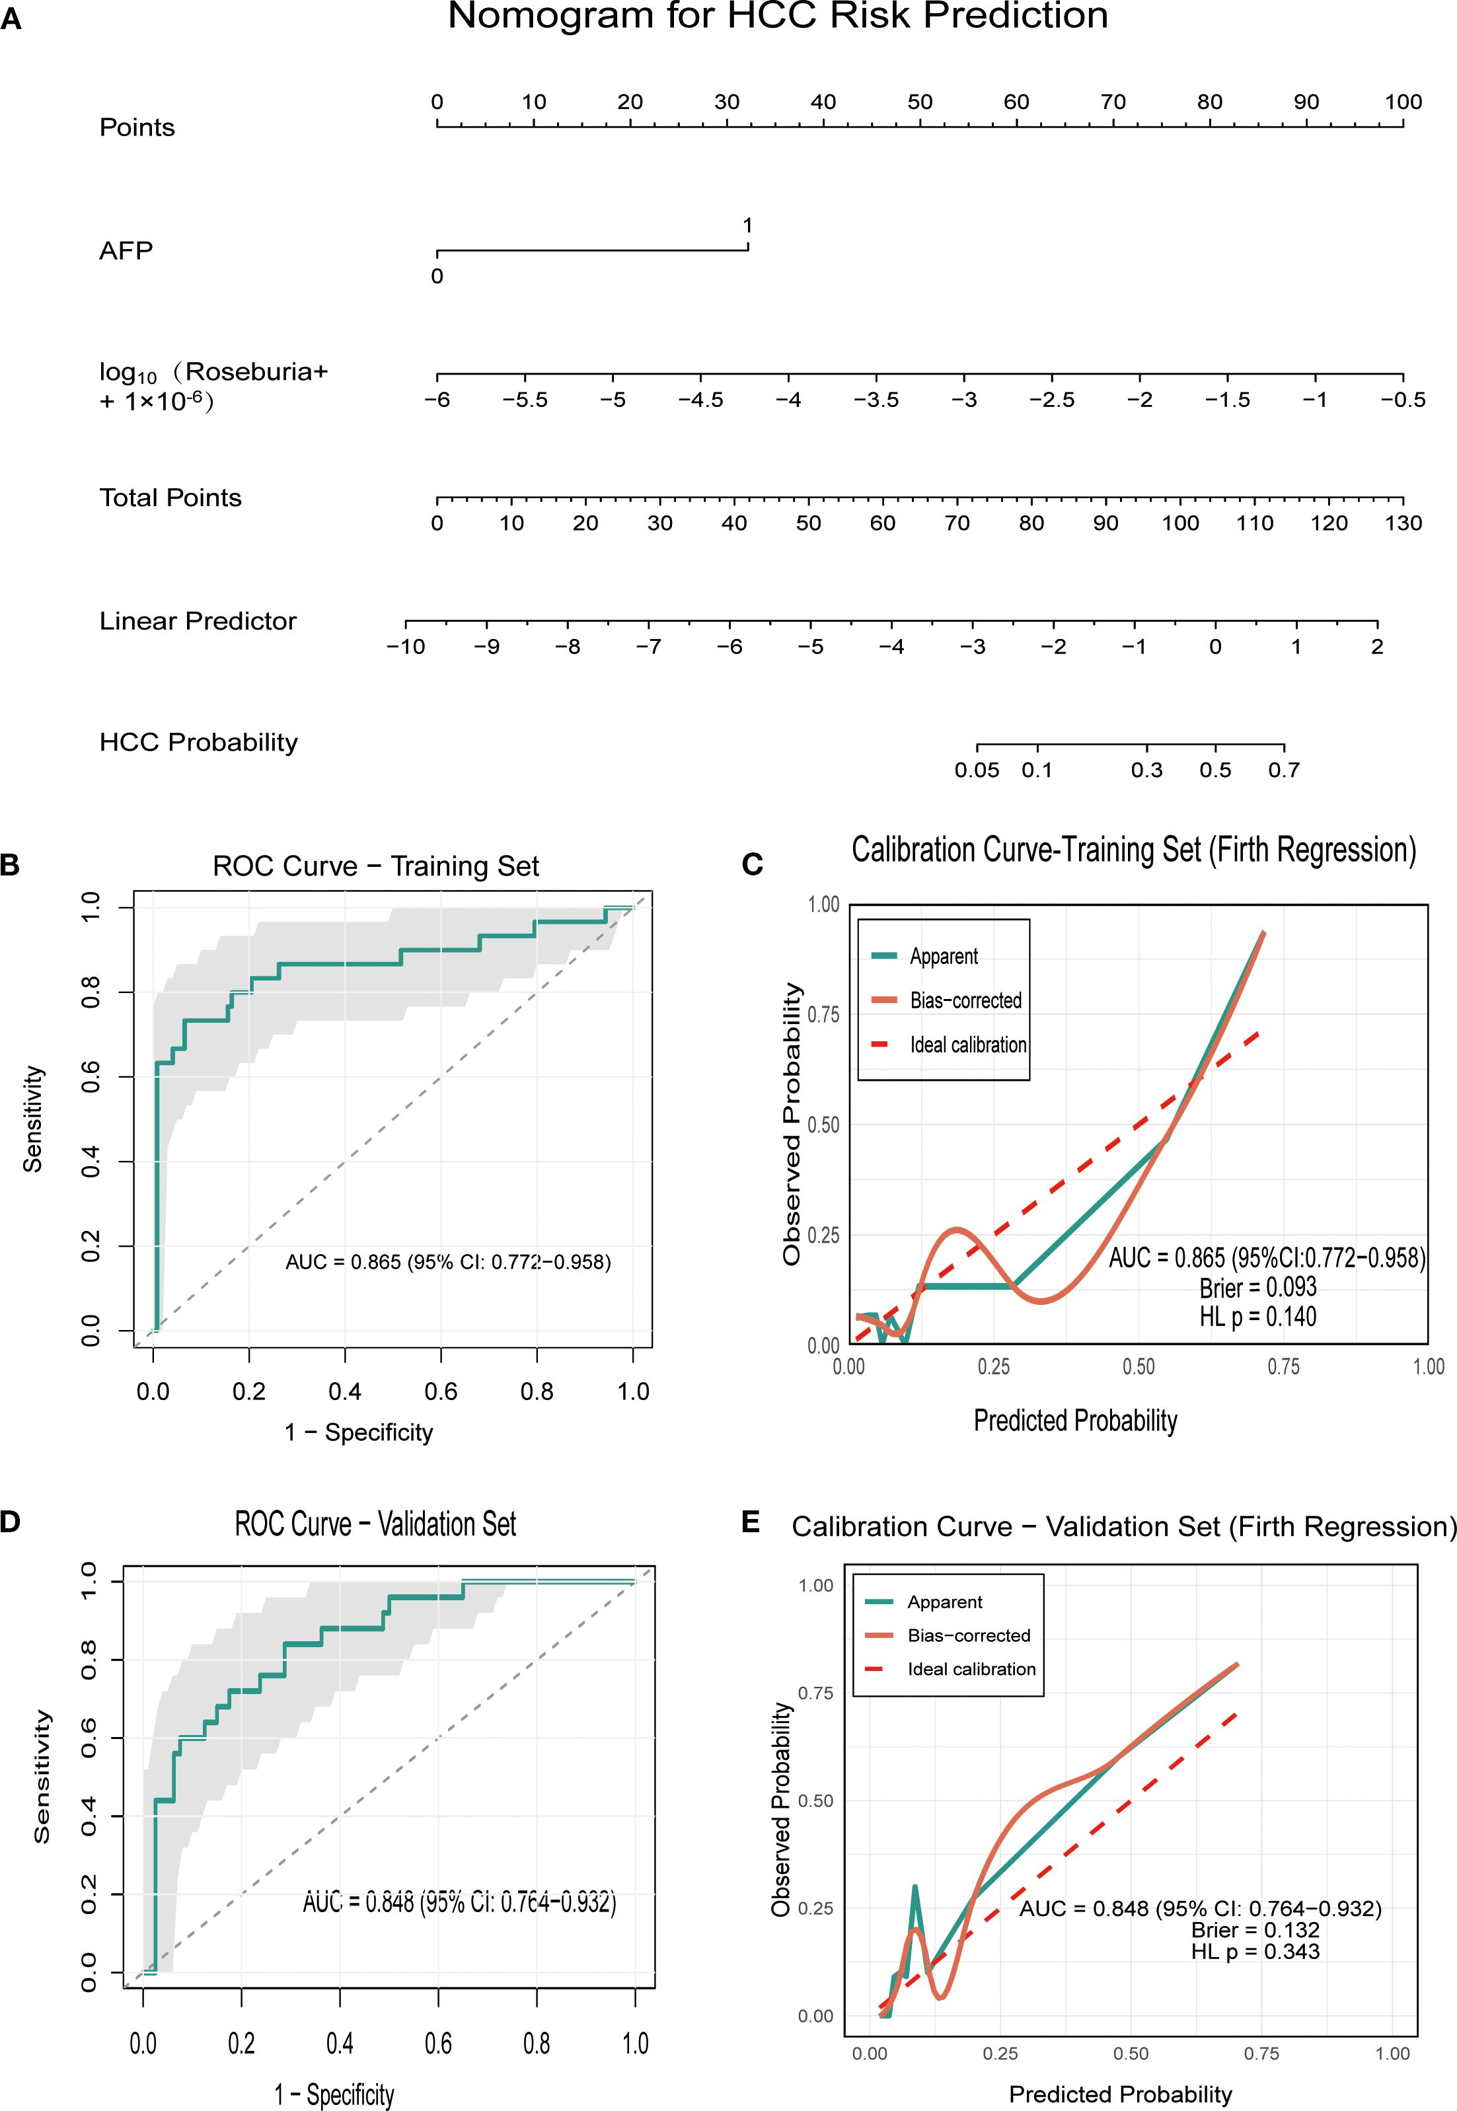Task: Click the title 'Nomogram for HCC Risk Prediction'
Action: coord(777,17)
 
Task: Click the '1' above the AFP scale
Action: coord(748,225)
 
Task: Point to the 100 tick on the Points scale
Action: coord(1403,102)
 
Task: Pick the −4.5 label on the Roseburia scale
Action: coord(700,400)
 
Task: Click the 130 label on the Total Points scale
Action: coord(1403,523)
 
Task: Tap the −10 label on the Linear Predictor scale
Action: coord(405,646)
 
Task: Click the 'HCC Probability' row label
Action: coord(198,742)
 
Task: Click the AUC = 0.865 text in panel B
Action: coord(448,1262)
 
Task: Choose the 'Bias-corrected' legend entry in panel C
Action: coord(965,1000)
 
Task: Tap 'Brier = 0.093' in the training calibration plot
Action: coord(1258,1287)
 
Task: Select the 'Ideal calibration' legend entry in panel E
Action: coord(971,1669)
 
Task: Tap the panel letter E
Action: coord(751,1522)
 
